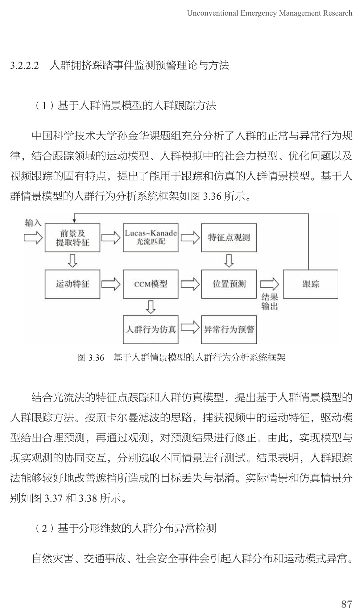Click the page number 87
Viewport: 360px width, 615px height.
(347, 604)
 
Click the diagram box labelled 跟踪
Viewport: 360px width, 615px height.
(310, 284)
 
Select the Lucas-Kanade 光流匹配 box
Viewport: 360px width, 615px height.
(150, 237)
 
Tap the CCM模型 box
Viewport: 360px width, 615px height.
(150, 284)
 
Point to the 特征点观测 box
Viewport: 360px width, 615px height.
(229, 237)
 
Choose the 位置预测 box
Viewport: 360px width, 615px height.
(229, 284)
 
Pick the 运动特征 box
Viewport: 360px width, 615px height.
(72, 284)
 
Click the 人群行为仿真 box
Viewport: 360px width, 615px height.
(150, 329)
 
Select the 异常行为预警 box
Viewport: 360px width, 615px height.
(229, 329)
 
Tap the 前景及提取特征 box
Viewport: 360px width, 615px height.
(72, 237)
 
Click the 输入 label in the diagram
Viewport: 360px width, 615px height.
(33, 223)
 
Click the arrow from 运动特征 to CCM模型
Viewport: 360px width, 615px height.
(111, 284)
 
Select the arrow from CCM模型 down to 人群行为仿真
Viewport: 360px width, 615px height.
(150, 307)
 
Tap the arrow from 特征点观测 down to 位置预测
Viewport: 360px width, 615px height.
(229, 260)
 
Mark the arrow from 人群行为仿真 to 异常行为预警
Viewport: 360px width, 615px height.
(190, 328)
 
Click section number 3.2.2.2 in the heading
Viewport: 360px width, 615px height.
(24, 66)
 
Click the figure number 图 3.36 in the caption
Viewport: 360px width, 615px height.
(91, 358)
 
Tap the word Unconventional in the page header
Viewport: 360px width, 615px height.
(212, 13)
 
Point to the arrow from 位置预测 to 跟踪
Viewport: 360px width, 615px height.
(269, 284)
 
